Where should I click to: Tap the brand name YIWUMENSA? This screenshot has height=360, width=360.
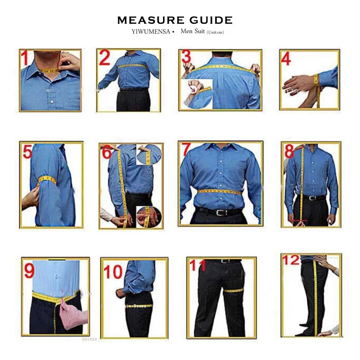click(151, 32)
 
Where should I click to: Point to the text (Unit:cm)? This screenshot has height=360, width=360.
click(215, 32)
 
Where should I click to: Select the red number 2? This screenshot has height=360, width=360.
click(104, 58)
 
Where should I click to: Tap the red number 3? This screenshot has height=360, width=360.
click(186, 57)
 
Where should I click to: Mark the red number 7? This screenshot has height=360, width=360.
click(186, 149)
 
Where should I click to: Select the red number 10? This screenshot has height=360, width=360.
click(113, 273)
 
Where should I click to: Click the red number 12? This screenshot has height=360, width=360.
click(291, 260)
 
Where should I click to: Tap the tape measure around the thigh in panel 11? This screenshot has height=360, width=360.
click(233, 290)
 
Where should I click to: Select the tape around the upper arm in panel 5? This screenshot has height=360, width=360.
click(48, 180)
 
